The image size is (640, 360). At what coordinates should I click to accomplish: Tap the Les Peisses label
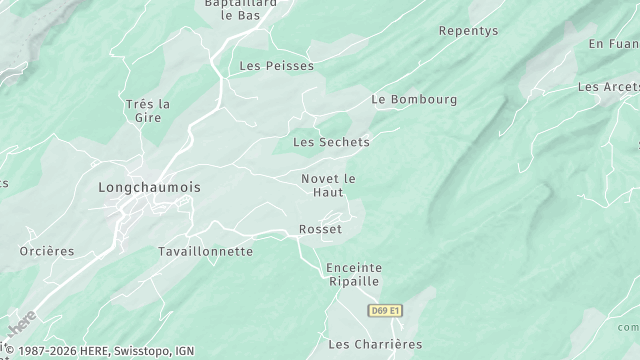276,66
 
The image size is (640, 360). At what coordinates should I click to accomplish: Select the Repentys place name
468,31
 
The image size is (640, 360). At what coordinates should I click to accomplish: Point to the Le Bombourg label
414,100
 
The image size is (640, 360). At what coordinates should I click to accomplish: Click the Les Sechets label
331,142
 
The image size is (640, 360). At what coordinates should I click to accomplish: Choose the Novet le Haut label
328,185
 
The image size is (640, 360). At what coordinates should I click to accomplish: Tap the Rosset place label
320,230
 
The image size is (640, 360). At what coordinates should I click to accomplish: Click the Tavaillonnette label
206,252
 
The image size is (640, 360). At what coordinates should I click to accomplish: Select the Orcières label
47,252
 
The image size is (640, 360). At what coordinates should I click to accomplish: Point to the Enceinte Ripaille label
353,275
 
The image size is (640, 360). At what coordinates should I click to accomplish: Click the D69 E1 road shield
384,311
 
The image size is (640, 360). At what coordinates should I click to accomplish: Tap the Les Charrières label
375,345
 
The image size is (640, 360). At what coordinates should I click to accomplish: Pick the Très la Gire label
148,111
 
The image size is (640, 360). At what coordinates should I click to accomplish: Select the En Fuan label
612,44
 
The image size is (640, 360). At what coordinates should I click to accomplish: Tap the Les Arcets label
608,87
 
